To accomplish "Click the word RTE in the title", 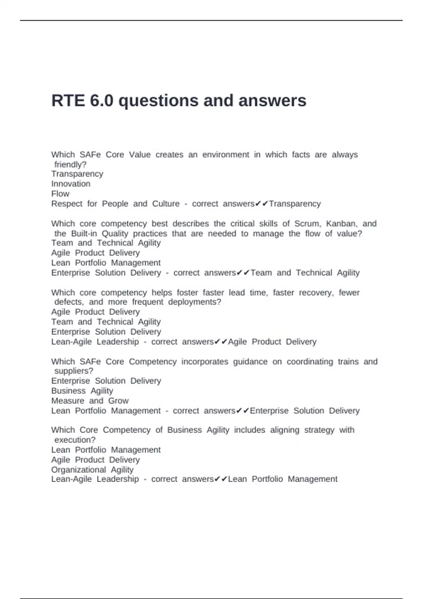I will (x=68, y=101).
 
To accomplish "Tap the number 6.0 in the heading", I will (x=102, y=101).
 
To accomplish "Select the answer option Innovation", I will (x=71, y=184).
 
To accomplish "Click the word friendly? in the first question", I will (x=70, y=165).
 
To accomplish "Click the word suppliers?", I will (x=74, y=371).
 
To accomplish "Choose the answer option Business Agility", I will (x=82, y=391).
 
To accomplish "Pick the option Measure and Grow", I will (x=90, y=401).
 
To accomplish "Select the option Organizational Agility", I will (x=92, y=470).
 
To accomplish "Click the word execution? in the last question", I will (x=75, y=440).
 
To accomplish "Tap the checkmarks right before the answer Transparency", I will (x=262, y=204).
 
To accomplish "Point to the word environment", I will (x=226, y=155).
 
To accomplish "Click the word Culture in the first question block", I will (x=166, y=204).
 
